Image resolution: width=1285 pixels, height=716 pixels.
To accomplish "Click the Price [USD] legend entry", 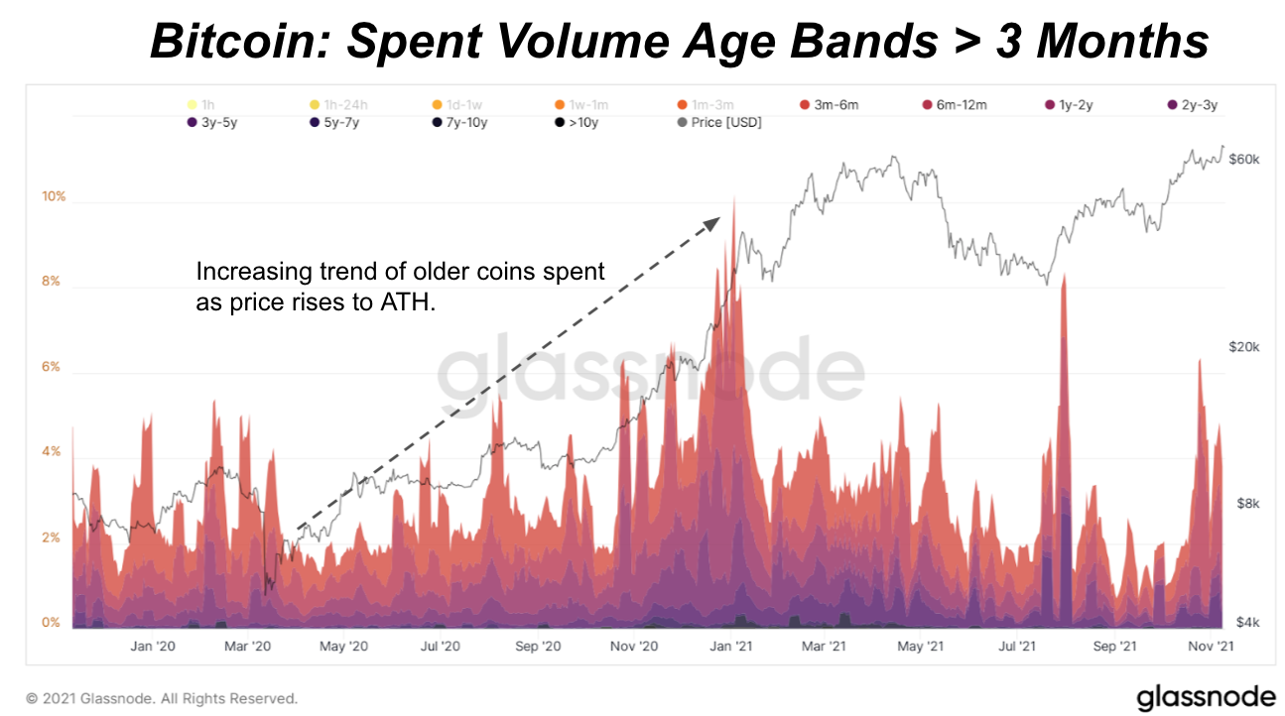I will tap(719, 123).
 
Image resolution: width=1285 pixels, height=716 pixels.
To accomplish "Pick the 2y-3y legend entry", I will tap(1192, 105).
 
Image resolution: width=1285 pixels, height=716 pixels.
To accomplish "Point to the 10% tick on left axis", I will tap(54, 196).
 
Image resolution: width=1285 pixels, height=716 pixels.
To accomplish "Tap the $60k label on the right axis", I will tap(1244, 159).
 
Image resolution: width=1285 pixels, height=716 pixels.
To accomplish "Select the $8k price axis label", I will tap(1247, 504).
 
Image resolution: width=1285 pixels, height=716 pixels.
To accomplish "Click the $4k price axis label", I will tap(1247, 623).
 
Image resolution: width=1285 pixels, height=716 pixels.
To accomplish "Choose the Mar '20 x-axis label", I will tap(248, 647).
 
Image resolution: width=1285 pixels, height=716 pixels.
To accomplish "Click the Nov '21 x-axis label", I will tap(1211, 647).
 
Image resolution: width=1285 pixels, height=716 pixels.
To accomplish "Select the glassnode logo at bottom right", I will tap(1199, 696).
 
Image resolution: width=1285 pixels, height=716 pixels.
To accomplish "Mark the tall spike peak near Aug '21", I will tap(1063, 277).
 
